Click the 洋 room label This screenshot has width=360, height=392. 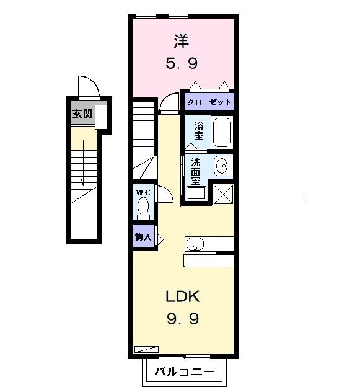click(182, 42)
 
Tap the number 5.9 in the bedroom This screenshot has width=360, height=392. click(182, 63)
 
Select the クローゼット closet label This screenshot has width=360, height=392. click(209, 102)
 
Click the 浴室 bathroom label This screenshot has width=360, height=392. click(199, 131)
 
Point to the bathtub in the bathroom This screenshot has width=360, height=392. click(221, 131)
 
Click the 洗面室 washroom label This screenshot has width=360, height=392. click(195, 172)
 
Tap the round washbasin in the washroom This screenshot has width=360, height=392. click(222, 166)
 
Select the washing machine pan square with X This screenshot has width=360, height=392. click(222, 194)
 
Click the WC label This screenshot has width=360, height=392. click(143, 192)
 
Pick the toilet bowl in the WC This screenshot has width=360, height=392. click(143, 206)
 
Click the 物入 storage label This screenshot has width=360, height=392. click(143, 236)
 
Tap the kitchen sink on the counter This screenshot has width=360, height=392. click(195, 244)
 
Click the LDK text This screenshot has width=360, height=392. click(182, 296)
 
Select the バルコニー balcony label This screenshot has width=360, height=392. click(184, 372)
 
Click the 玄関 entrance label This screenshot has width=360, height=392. click(82, 114)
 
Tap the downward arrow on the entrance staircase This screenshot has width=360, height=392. click(81, 171)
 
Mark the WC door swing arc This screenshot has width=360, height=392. click(164, 194)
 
